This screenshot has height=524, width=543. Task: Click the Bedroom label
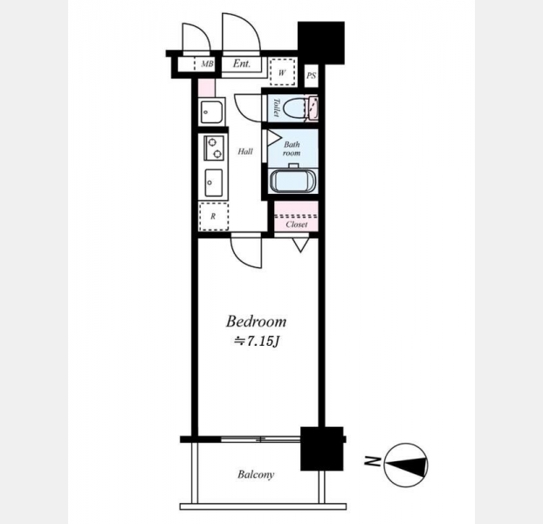[x=257, y=321]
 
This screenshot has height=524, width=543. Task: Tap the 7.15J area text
[x=257, y=341]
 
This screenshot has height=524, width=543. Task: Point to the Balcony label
[x=256, y=474]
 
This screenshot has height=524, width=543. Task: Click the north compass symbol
[x=406, y=465]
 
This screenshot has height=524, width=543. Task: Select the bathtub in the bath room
[x=292, y=180]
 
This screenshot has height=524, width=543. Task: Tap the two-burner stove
[x=214, y=148]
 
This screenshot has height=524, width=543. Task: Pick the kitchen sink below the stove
[x=214, y=183]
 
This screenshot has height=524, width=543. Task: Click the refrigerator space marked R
[x=213, y=217]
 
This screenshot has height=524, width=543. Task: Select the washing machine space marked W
[x=282, y=72]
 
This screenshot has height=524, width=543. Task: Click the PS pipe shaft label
[x=311, y=75]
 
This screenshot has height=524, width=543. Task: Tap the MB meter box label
[x=207, y=64]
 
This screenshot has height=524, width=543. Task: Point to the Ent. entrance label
[x=241, y=64]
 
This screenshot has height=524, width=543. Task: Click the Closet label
[x=297, y=224]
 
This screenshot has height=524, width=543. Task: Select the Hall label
[x=245, y=151]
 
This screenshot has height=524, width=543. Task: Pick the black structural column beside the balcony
[x=322, y=449]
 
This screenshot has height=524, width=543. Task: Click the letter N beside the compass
[x=372, y=461]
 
